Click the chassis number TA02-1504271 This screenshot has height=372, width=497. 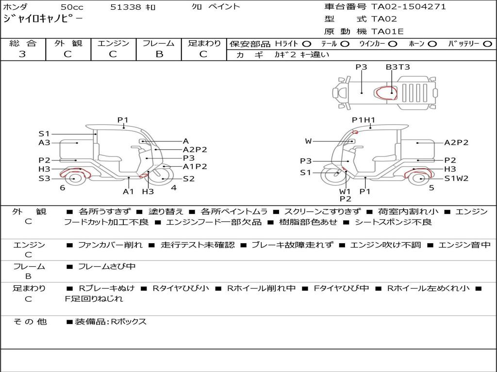click(x=409, y=7)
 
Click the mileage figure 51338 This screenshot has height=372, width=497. click(x=125, y=7)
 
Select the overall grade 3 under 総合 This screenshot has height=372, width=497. click(x=22, y=54)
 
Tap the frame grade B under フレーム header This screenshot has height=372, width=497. click(x=159, y=54)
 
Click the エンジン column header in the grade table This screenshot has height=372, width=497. click(x=114, y=43)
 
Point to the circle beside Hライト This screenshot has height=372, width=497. click(x=307, y=44)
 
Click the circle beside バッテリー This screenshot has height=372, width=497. click(x=487, y=44)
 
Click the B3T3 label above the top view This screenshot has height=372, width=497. click(x=398, y=67)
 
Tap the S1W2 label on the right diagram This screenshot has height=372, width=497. click(x=456, y=178)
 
